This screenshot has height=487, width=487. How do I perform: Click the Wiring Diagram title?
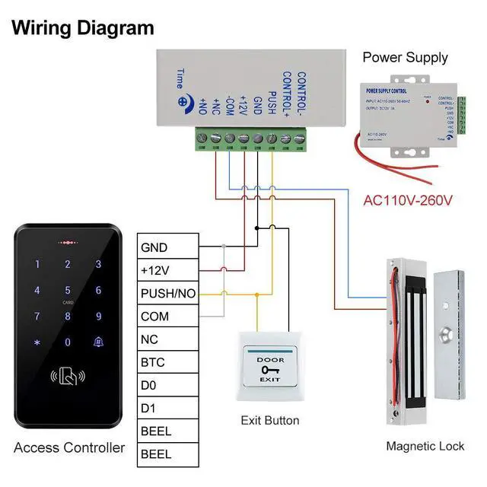[83, 29]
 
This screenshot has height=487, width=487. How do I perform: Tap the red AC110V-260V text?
[408, 201]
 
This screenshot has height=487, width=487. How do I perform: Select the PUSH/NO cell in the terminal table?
[167, 294]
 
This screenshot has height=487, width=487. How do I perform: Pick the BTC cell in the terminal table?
[167, 362]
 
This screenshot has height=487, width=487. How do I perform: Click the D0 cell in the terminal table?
[167, 386]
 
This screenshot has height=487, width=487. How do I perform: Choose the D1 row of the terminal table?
[167, 409]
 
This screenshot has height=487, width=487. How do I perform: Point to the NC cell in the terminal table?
[167, 339]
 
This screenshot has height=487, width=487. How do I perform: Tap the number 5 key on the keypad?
[67, 290]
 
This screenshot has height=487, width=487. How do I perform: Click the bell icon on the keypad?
[97, 342]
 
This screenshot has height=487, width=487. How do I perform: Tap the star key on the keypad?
[37, 342]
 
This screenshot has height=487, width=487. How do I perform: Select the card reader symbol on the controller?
[67, 375]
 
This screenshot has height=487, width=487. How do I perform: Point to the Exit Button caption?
[270, 420]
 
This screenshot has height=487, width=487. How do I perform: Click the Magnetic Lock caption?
[425, 446]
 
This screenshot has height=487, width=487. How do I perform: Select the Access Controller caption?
[69, 447]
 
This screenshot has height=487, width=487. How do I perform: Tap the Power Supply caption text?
[405, 57]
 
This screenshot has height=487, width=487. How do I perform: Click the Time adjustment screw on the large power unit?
[183, 100]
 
